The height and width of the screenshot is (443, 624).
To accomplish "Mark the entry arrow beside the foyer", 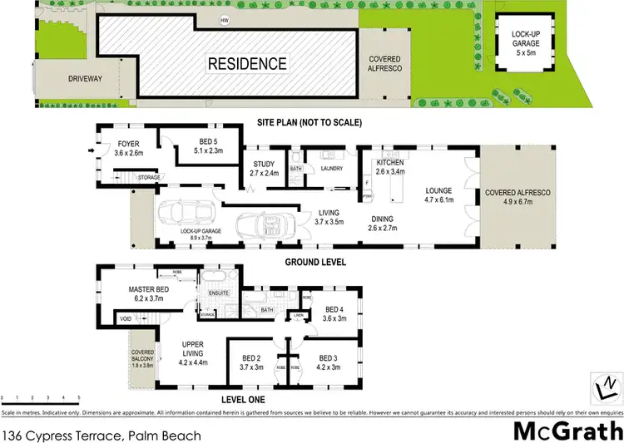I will [91, 151].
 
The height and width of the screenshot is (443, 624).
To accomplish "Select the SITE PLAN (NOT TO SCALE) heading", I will [310, 122].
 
